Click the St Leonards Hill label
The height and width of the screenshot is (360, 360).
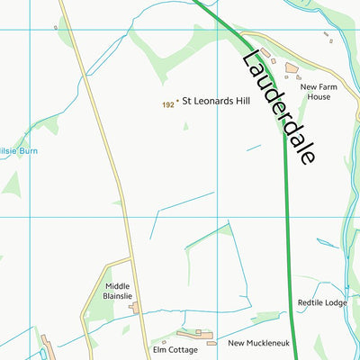point(215,103)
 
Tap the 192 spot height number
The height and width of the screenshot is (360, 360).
point(167,104)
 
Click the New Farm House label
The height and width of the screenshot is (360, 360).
point(320,92)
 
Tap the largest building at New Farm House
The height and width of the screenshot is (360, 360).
point(292,67)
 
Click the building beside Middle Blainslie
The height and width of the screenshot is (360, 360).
point(136,307)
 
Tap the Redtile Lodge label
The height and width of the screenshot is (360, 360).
point(322,303)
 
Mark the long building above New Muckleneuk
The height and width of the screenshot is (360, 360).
point(197,334)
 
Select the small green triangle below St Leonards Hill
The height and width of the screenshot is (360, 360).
point(185,126)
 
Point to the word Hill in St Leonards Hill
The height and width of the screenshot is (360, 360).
point(237,103)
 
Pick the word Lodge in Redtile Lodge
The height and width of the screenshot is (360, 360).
point(335,303)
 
